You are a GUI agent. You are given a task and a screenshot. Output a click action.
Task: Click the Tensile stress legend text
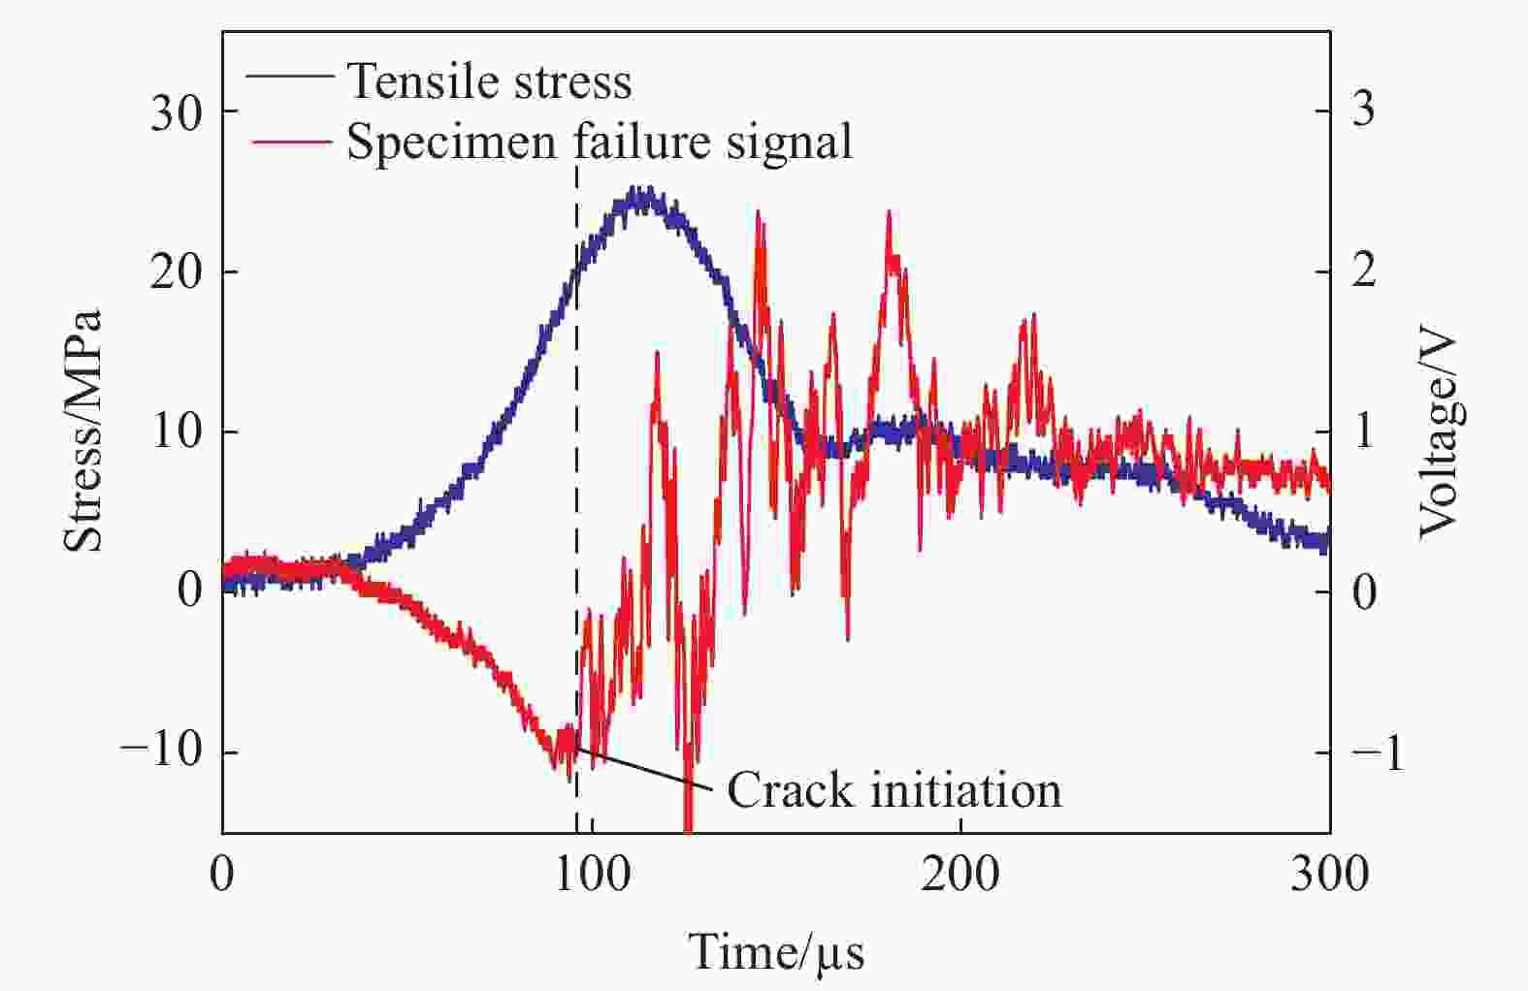tap(489, 81)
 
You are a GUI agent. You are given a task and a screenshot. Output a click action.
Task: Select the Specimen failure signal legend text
tap(600, 142)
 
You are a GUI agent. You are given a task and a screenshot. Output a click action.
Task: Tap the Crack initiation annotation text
tap(894, 790)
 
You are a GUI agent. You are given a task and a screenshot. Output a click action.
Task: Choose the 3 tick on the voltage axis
tap(1363, 109)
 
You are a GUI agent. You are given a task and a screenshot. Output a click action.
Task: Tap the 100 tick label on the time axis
tap(591, 875)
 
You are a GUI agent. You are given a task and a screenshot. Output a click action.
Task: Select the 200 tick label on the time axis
tap(960, 875)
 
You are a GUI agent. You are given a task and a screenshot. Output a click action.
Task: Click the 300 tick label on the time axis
tap(1329, 875)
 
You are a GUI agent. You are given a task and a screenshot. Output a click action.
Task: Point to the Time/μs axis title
tap(776, 951)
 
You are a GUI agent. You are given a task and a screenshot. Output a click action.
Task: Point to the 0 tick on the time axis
tap(222, 875)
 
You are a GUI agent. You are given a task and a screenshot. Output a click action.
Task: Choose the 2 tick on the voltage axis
tap(1363, 271)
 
